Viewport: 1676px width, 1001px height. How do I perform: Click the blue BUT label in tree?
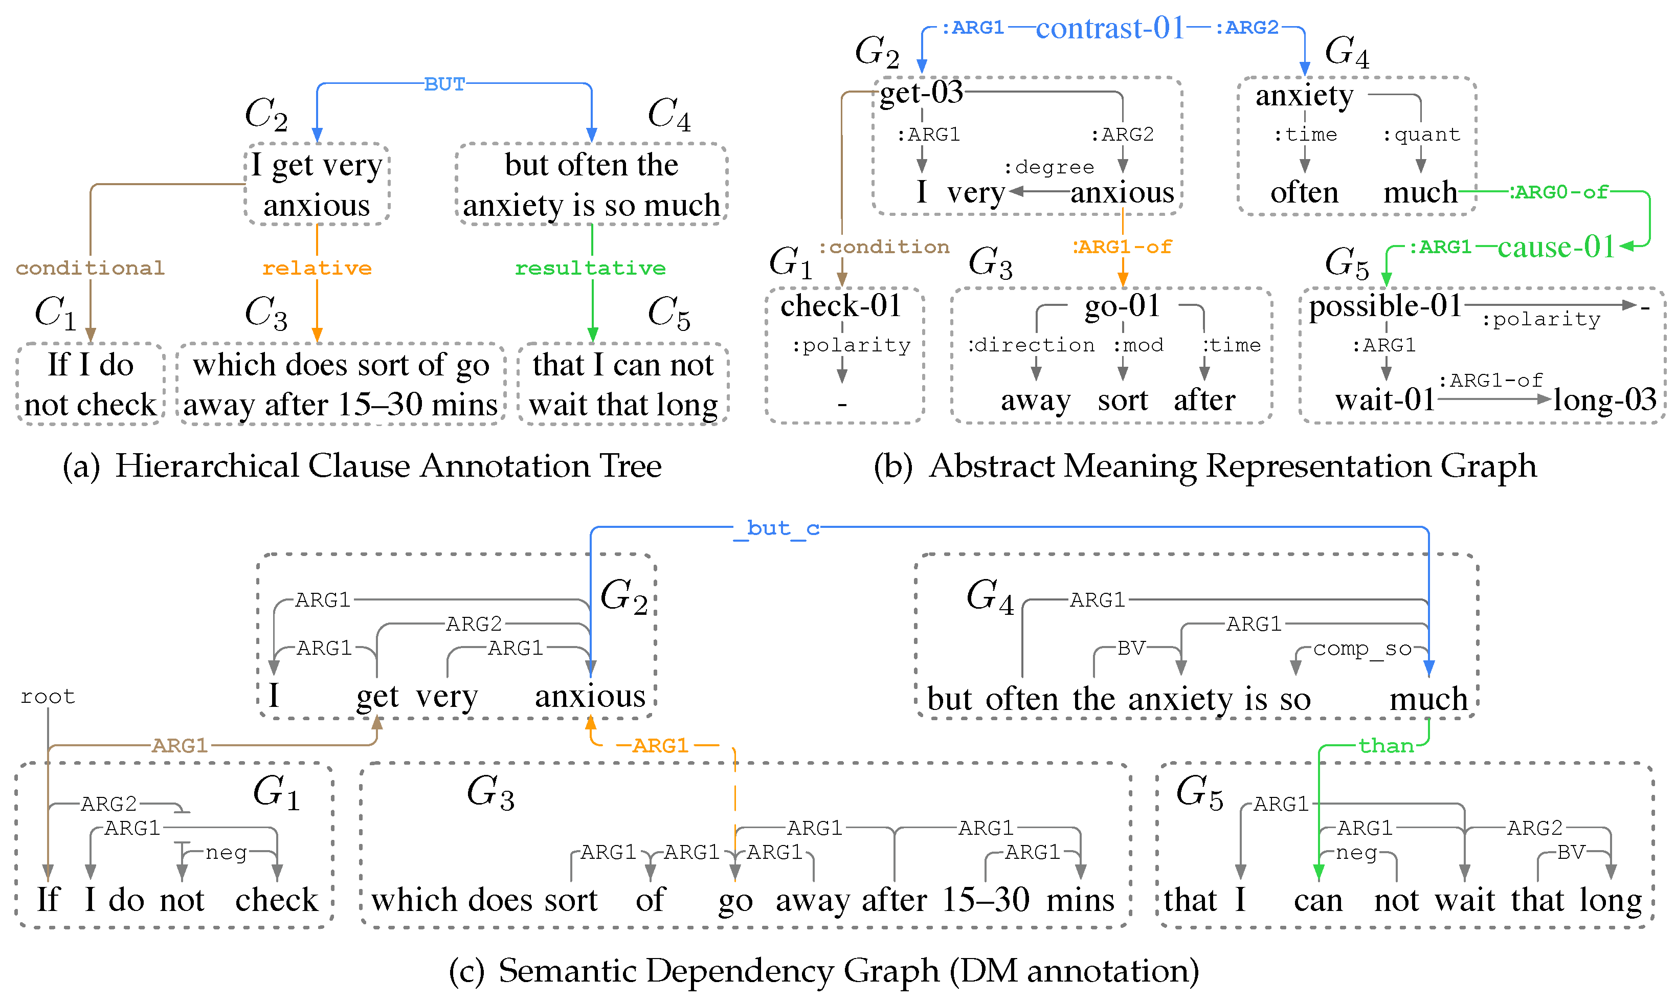coord(444,84)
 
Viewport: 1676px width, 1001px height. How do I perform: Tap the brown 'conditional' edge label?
coord(91,269)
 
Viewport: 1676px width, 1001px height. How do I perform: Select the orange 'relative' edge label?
coord(317,269)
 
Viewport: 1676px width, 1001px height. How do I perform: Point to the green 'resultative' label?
coord(590,269)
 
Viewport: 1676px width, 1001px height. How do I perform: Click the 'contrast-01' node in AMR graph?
coord(1110,28)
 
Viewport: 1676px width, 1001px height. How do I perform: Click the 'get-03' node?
coord(922,93)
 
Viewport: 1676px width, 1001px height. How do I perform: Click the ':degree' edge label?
coord(1049,167)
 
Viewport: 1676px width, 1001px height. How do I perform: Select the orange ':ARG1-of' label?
coord(1122,248)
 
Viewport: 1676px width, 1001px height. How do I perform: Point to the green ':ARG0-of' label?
coord(1559,193)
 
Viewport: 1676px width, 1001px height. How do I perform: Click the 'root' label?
coord(47,697)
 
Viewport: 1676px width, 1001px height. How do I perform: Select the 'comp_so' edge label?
coord(1362,649)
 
